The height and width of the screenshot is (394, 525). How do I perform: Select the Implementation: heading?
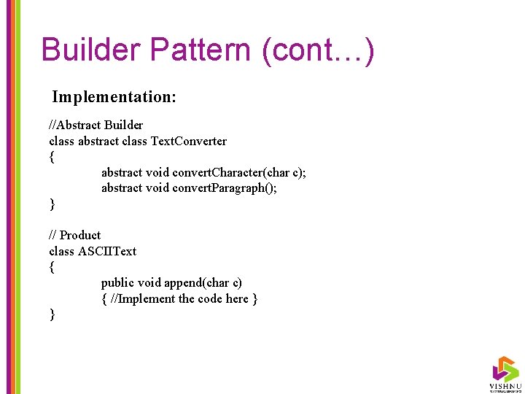click(114, 96)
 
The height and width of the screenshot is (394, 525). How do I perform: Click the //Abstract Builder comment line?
click(96, 125)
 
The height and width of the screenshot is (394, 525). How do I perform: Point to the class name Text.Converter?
click(189, 141)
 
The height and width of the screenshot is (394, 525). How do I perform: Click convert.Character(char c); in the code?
click(239, 172)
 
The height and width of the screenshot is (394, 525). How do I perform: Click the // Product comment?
click(74, 235)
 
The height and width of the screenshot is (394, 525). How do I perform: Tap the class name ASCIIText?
click(107, 251)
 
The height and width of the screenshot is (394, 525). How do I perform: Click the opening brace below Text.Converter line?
click(52, 157)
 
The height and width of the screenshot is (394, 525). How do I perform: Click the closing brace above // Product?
click(52, 204)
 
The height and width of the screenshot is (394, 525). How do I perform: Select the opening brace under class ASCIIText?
click(52, 267)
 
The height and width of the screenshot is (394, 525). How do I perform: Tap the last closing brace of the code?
click(52, 314)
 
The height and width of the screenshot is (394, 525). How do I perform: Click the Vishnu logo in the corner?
click(505, 372)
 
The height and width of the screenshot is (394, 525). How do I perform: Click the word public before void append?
click(117, 282)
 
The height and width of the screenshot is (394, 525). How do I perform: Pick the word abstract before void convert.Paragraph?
click(122, 188)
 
